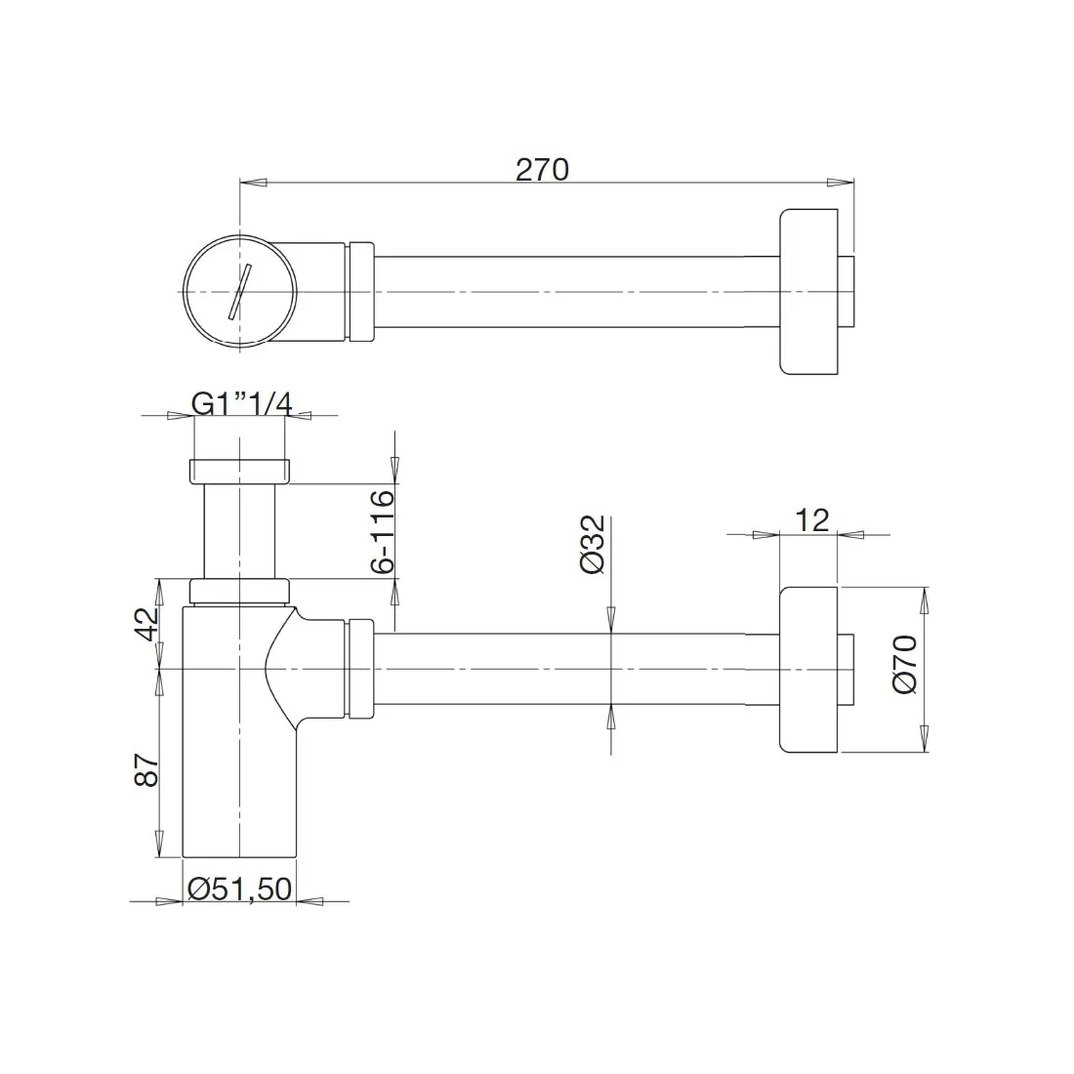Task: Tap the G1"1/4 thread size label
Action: [240, 402]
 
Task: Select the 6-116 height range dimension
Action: [382, 531]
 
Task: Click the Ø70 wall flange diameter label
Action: [904, 664]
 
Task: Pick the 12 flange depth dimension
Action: [810, 519]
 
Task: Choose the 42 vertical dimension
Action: [145, 623]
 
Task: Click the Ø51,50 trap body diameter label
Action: [239, 888]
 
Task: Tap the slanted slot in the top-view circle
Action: [240, 290]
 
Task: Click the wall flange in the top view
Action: [808, 291]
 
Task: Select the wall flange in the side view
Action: [808, 669]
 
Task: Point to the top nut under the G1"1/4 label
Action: [238, 470]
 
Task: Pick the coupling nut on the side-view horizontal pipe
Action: [360, 669]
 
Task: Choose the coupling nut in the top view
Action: [360, 291]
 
